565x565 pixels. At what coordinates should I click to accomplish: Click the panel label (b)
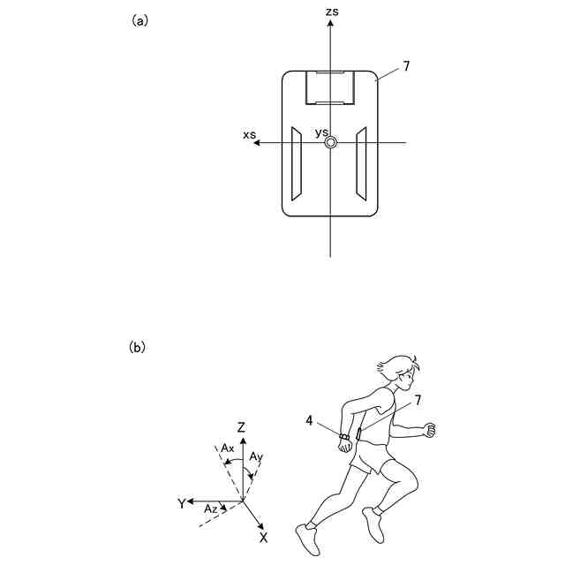[x=137, y=347]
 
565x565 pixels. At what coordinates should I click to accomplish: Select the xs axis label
[x=250, y=133]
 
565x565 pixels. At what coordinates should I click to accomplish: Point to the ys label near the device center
[x=321, y=132]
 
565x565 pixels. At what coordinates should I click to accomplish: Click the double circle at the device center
[x=330, y=143]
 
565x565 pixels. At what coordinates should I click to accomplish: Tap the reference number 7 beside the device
[x=406, y=66]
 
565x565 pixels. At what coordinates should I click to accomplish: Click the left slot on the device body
[x=298, y=162]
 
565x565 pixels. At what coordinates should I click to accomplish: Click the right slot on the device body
[x=361, y=162]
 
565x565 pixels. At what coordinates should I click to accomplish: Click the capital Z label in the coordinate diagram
[x=241, y=427]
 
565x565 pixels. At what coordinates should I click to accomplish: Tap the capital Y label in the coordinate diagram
[x=181, y=503]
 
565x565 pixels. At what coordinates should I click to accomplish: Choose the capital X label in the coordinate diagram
[x=263, y=537]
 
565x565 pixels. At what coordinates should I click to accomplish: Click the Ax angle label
[x=228, y=448]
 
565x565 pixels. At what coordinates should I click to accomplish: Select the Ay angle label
[x=256, y=457]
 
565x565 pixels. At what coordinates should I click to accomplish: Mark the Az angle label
[x=210, y=509]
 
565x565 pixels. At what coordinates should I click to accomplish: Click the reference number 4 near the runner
[x=309, y=422]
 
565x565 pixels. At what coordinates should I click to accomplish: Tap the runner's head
[x=400, y=370]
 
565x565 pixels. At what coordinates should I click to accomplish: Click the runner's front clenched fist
[x=431, y=430]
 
